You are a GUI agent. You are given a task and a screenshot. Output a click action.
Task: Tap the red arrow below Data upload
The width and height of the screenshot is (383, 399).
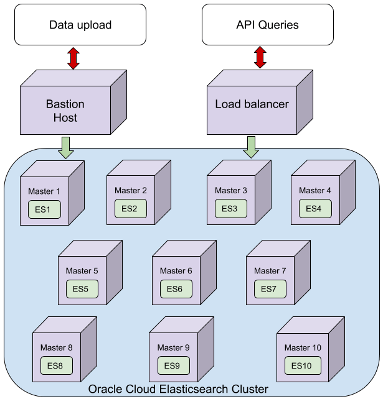pyautogui.click(x=73, y=57)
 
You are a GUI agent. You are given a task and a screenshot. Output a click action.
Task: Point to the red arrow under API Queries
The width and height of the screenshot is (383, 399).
pyautogui.click(x=260, y=57)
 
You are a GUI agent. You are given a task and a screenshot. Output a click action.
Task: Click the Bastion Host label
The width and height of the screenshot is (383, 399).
pyautogui.click(x=65, y=111)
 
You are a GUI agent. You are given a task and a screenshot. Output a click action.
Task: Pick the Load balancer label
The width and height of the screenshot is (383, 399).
pyautogui.click(x=252, y=104)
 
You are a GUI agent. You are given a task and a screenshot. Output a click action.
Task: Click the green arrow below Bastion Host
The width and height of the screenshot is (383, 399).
pyautogui.click(x=65, y=147)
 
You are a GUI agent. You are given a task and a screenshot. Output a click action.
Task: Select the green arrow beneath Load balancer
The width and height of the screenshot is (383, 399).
pyautogui.click(x=252, y=147)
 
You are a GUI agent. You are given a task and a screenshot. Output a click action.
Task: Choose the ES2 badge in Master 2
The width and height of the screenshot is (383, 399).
pyautogui.click(x=130, y=209)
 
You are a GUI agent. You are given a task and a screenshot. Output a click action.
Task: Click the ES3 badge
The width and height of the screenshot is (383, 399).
pyautogui.click(x=230, y=209)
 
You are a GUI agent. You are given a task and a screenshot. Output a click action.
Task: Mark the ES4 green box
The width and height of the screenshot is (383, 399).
pyautogui.click(x=314, y=209)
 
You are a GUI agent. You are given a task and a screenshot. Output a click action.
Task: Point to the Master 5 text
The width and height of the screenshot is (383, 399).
pyautogui.click(x=82, y=271)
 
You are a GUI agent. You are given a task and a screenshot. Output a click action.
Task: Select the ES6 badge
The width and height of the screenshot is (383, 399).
pyautogui.click(x=176, y=289)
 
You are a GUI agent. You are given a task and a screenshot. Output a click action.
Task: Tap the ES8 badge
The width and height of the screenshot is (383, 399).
pyautogui.click(x=55, y=366)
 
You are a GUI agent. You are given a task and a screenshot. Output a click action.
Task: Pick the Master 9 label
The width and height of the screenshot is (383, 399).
pyautogui.click(x=173, y=347)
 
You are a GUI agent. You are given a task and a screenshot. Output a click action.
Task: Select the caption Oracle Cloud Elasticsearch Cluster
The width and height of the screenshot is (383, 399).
pyautogui.click(x=178, y=389)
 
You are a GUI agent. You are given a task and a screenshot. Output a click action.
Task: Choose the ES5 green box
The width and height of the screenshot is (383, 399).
pyautogui.click(x=82, y=289)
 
